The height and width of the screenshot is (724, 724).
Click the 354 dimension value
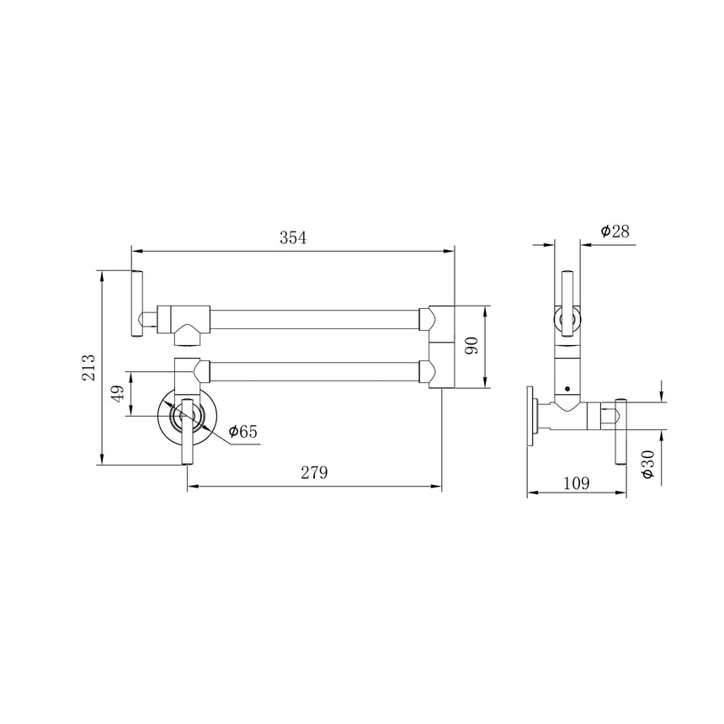293,237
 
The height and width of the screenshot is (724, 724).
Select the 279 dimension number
315,472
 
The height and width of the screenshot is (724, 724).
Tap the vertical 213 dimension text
88,368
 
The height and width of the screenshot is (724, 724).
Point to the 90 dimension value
471,346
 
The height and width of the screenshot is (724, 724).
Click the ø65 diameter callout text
242,431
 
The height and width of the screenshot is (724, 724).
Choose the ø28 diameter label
615,231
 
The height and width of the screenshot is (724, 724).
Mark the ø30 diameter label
648,465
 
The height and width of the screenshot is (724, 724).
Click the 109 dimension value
577,483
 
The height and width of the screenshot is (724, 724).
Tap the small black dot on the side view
567,389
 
